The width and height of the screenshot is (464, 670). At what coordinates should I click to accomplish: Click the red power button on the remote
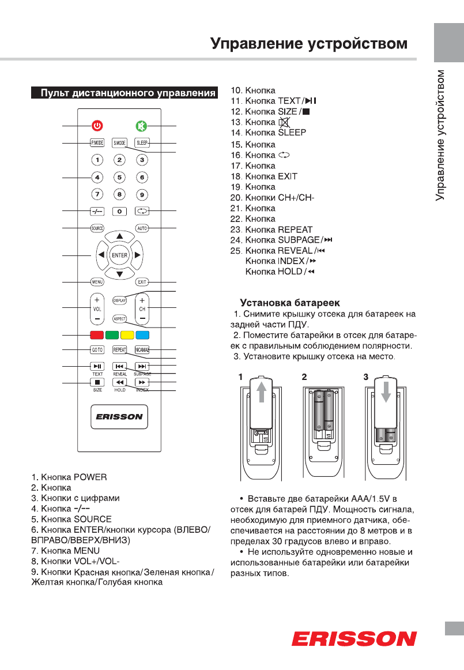tap(97, 126)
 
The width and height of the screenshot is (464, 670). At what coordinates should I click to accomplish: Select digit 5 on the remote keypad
tap(119, 178)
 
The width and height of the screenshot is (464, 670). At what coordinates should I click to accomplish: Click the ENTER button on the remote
tap(119, 255)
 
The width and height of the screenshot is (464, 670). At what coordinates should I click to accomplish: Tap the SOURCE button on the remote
tap(97, 228)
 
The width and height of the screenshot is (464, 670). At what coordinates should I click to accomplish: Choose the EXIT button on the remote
tap(142, 282)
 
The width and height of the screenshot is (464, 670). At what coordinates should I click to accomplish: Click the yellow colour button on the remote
tap(127, 335)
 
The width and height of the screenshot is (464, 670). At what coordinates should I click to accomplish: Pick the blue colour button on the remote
tap(142, 335)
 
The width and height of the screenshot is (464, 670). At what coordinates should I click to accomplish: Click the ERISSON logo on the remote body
tap(119, 417)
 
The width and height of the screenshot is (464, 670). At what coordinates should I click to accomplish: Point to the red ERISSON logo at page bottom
tap(354, 639)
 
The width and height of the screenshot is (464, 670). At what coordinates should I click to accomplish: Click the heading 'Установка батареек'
tap(290, 303)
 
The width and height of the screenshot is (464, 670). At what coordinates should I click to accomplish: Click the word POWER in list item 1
tap(90, 477)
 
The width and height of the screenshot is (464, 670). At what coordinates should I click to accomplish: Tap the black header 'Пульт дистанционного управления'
tap(124, 92)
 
